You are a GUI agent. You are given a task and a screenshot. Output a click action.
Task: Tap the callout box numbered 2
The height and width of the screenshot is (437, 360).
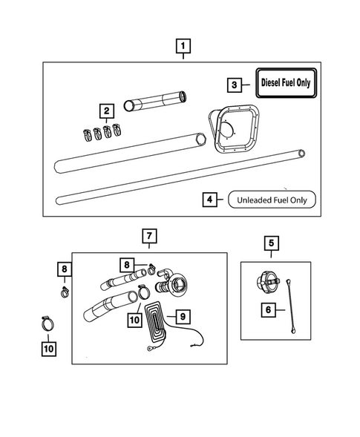pyautogui.click(x=108, y=111)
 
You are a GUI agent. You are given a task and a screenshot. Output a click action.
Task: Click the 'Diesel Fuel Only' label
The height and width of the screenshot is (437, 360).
pyautogui.click(x=285, y=84)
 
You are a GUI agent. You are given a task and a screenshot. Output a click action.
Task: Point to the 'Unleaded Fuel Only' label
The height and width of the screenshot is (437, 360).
pyautogui.click(x=272, y=199)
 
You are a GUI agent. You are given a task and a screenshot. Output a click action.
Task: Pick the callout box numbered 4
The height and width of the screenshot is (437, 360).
pyautogui.click(x=210, y=199)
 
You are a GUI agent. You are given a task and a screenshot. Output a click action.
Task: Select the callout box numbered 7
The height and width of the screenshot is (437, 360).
pyautogui.click(x=149, y=237)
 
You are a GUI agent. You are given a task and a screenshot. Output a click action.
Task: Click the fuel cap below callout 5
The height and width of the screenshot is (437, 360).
pyautogui.click(x=266, y=283)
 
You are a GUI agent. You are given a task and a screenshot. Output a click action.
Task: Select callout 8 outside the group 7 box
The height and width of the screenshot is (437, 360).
pyautogui.click(x=65, y=269)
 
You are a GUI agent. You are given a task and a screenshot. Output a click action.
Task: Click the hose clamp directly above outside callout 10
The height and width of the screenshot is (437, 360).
pyautogui.click(x=46, y=323)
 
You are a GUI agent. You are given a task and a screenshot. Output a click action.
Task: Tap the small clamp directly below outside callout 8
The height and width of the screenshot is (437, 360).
pyautogui.click(x=65, y=289)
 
